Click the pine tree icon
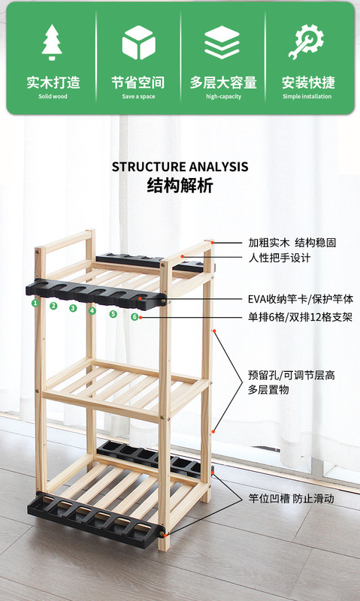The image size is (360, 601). (52, 42)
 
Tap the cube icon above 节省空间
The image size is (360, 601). (138, 43)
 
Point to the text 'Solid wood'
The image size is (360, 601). (53, 96)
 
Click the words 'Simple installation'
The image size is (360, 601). (307, 96)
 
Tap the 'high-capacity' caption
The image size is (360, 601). (223, 96)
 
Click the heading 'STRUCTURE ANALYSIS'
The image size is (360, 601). (180, 167)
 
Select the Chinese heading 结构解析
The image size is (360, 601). (180, 186)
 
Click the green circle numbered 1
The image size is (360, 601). (35, 303)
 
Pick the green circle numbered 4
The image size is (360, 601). (92, 311)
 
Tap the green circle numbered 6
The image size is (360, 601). (135, 316)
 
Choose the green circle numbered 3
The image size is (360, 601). (73, 308)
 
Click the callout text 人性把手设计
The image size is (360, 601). (279, 258)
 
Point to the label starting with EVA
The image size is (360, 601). (300, 299)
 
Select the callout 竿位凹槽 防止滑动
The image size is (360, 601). (291, 499)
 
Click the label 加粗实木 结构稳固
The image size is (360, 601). (292, 243)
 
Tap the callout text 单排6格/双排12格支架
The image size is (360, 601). (300, 317)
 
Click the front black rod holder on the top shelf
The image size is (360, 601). (96, 294)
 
